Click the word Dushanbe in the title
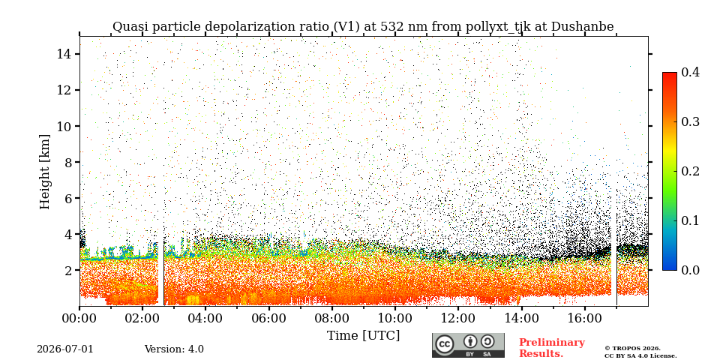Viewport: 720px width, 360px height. [582, 27]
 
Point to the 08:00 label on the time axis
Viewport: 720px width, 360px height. [331, 318]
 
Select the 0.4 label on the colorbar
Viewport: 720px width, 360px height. [690, 72]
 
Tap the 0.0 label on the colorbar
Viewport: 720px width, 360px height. [690, 270]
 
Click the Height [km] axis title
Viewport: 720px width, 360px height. [44, 172]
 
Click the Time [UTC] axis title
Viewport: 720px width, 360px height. [363, 336]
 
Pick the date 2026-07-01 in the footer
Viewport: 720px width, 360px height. [64, 349]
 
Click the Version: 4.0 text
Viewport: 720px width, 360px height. [174, 349]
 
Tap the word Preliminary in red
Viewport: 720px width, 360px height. [552, 343]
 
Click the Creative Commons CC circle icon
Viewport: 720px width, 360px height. [444, 345]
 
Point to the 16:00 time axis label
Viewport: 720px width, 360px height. [584, 318]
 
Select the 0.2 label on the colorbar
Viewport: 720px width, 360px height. [690, 171]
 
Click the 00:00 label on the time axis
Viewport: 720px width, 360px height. [79, 318]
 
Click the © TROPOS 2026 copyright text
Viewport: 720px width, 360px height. [632, 349]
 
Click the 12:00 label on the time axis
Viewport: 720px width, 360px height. [457, 318]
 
